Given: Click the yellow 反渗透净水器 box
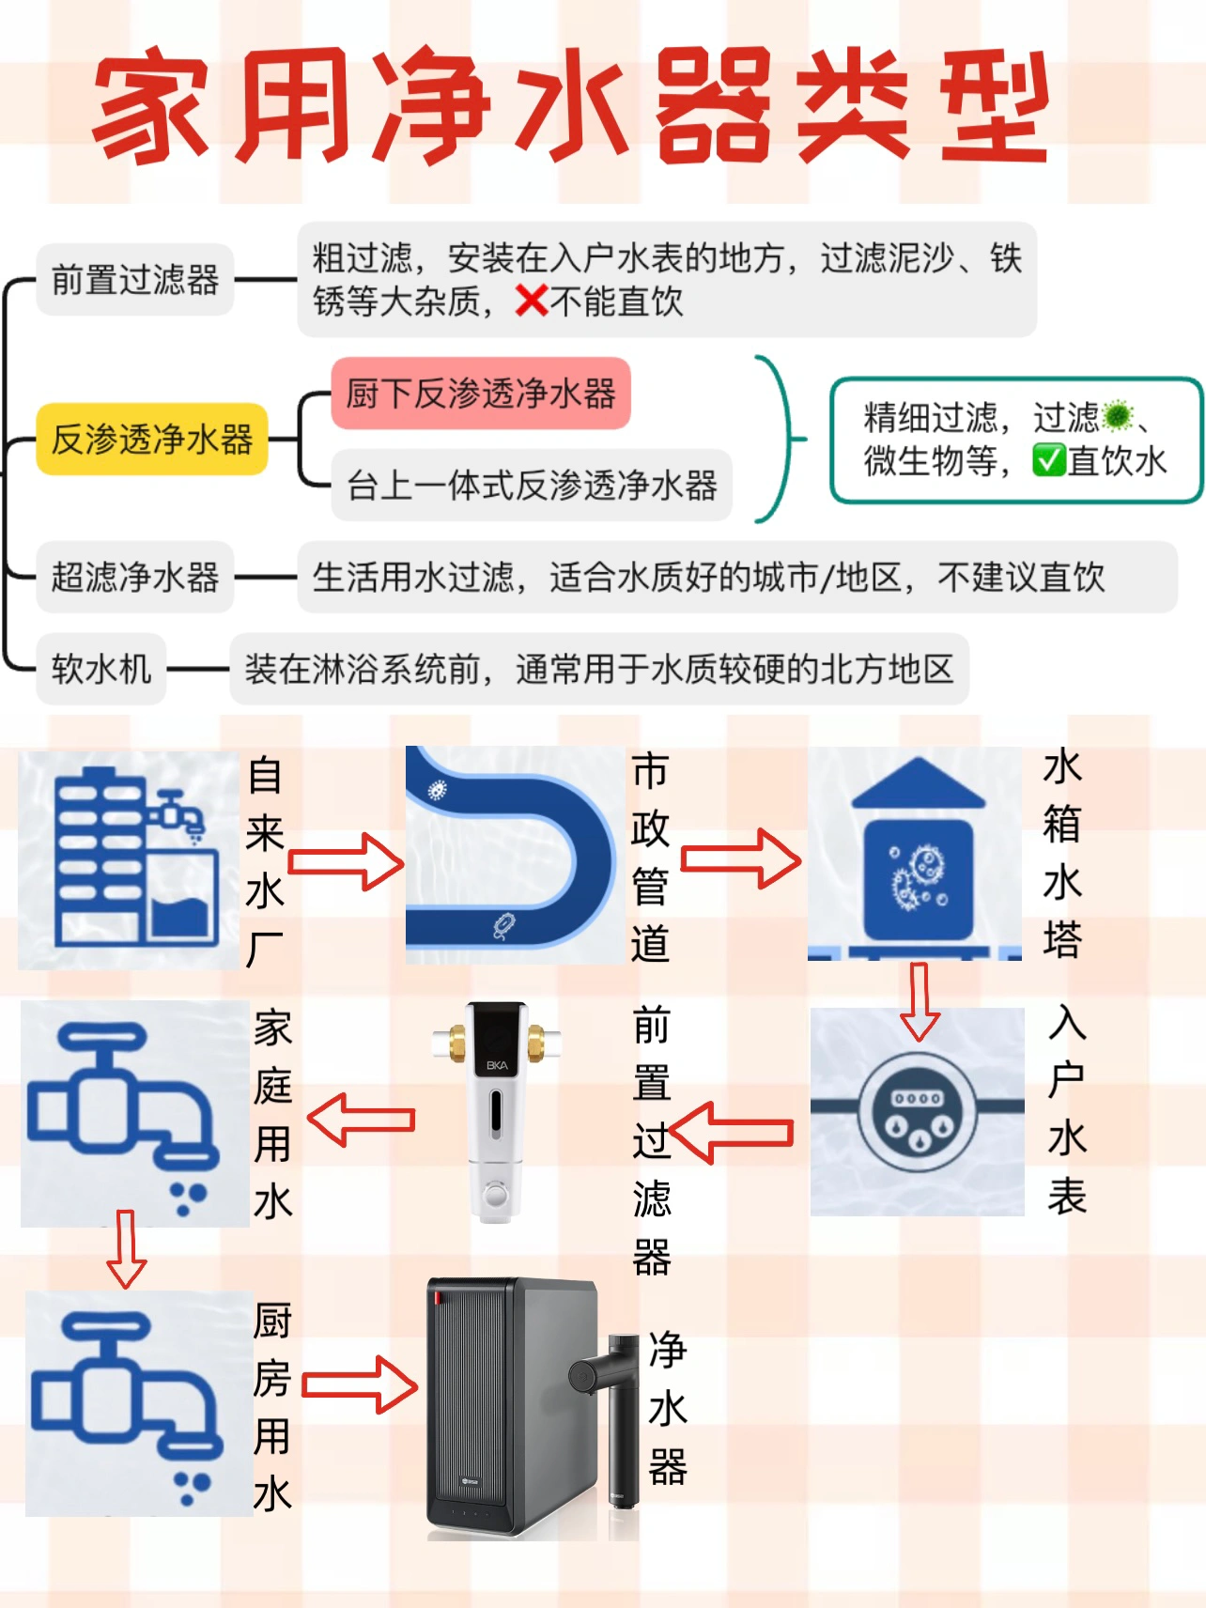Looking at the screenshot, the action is coord(152,439).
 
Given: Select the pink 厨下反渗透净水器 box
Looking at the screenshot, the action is coord(481,394).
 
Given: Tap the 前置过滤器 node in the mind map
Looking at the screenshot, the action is coord(135,280).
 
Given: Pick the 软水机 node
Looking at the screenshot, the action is coord(101,669).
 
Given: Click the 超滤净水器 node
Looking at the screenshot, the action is coord(135,577).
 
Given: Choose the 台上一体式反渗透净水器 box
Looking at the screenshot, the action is coord(532,486).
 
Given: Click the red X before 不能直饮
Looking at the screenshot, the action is coord(532,301).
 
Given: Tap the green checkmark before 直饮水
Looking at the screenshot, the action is coord(1048,460).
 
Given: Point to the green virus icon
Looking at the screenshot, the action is coord(1118,414).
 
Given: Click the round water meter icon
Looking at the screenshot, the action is coord(918,1113).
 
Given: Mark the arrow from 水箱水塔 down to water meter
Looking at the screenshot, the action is coord(920,1001).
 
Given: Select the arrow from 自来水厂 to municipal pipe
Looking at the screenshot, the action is coord(346,861).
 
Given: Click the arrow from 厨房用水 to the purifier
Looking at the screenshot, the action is coord(360,1384).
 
